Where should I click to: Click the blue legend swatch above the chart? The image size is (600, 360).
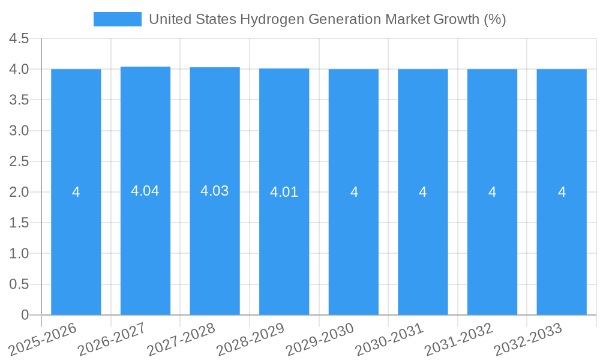point(118,19)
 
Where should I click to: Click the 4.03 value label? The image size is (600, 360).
point(215,191)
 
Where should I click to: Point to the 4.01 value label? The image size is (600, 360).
point(284,193)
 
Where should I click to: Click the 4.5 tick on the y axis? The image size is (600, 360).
point(19,38)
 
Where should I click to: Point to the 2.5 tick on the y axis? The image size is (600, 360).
point(19,161)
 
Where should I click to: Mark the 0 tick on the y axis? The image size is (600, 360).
point(25,315)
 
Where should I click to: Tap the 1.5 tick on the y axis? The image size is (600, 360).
point(19,223)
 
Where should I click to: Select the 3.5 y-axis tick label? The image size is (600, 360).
point(19,100)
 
